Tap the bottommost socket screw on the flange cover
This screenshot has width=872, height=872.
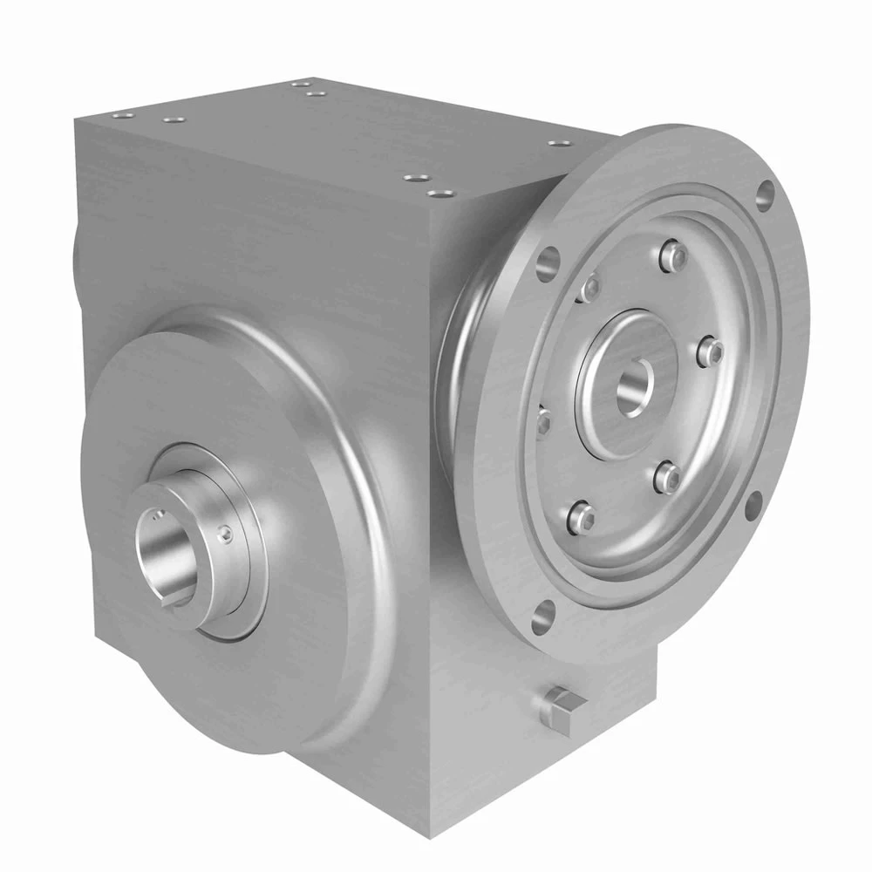click(578, 518)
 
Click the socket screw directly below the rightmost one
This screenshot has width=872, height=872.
click(667, 475)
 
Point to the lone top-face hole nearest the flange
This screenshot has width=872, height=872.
click(555, 143)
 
